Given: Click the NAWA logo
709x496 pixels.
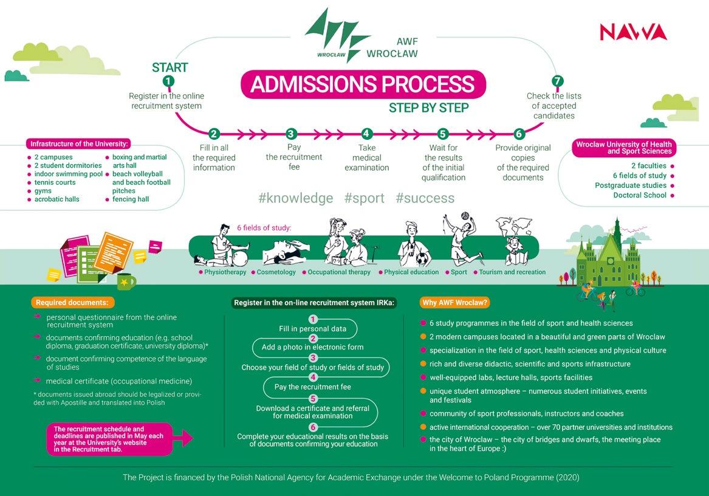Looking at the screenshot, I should (x=633, y=32).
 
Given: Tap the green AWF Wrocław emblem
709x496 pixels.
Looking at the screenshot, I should (x=337, y=35).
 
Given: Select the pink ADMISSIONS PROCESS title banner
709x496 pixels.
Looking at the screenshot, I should (x=363, y=84).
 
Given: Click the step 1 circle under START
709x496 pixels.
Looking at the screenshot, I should (x=168, y=81).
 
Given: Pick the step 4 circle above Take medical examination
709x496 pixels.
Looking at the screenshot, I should (x=366, y=134).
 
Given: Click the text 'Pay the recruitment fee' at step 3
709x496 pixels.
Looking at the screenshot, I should (x=294, y=157).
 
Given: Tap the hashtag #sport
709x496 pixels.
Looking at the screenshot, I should (x=364, y=198).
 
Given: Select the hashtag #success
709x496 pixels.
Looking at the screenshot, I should (x=425, y=198).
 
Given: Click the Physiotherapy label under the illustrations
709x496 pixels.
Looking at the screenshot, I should (x=225, y=272).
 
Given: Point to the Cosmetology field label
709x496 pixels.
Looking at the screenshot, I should (x=276, y=272).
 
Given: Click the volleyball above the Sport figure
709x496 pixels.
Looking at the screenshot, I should (x=464, y=216).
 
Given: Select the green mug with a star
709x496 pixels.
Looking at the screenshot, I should (x=126, y=281).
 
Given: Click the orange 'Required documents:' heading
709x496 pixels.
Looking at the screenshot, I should (x=72, y=302).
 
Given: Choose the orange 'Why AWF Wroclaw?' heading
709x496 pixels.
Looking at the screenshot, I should (x=455, y=302).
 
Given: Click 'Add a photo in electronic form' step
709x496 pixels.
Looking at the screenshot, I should (x=313, y=347).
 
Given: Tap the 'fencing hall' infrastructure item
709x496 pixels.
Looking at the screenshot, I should (x=130, y=199).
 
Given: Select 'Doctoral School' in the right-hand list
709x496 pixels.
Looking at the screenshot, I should (x=640, y=195).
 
